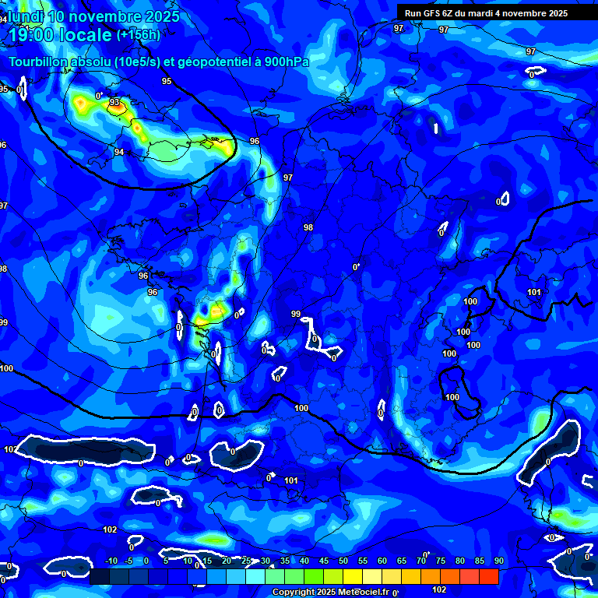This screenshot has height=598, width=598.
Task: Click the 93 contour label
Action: [114, 102]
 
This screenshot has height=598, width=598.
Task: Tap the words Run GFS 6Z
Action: [428, 13]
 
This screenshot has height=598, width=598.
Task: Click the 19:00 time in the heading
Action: [31, 35]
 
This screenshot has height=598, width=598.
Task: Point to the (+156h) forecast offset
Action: [139, 34]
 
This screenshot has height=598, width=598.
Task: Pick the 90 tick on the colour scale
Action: [498, 561]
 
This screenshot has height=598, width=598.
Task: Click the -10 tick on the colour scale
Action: [111, 561]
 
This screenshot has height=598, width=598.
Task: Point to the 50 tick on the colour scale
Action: [343, 561]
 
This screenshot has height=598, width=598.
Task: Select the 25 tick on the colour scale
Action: [246, 561]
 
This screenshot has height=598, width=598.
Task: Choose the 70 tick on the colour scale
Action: [421, 561]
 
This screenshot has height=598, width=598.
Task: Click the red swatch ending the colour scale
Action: [489, 576]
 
